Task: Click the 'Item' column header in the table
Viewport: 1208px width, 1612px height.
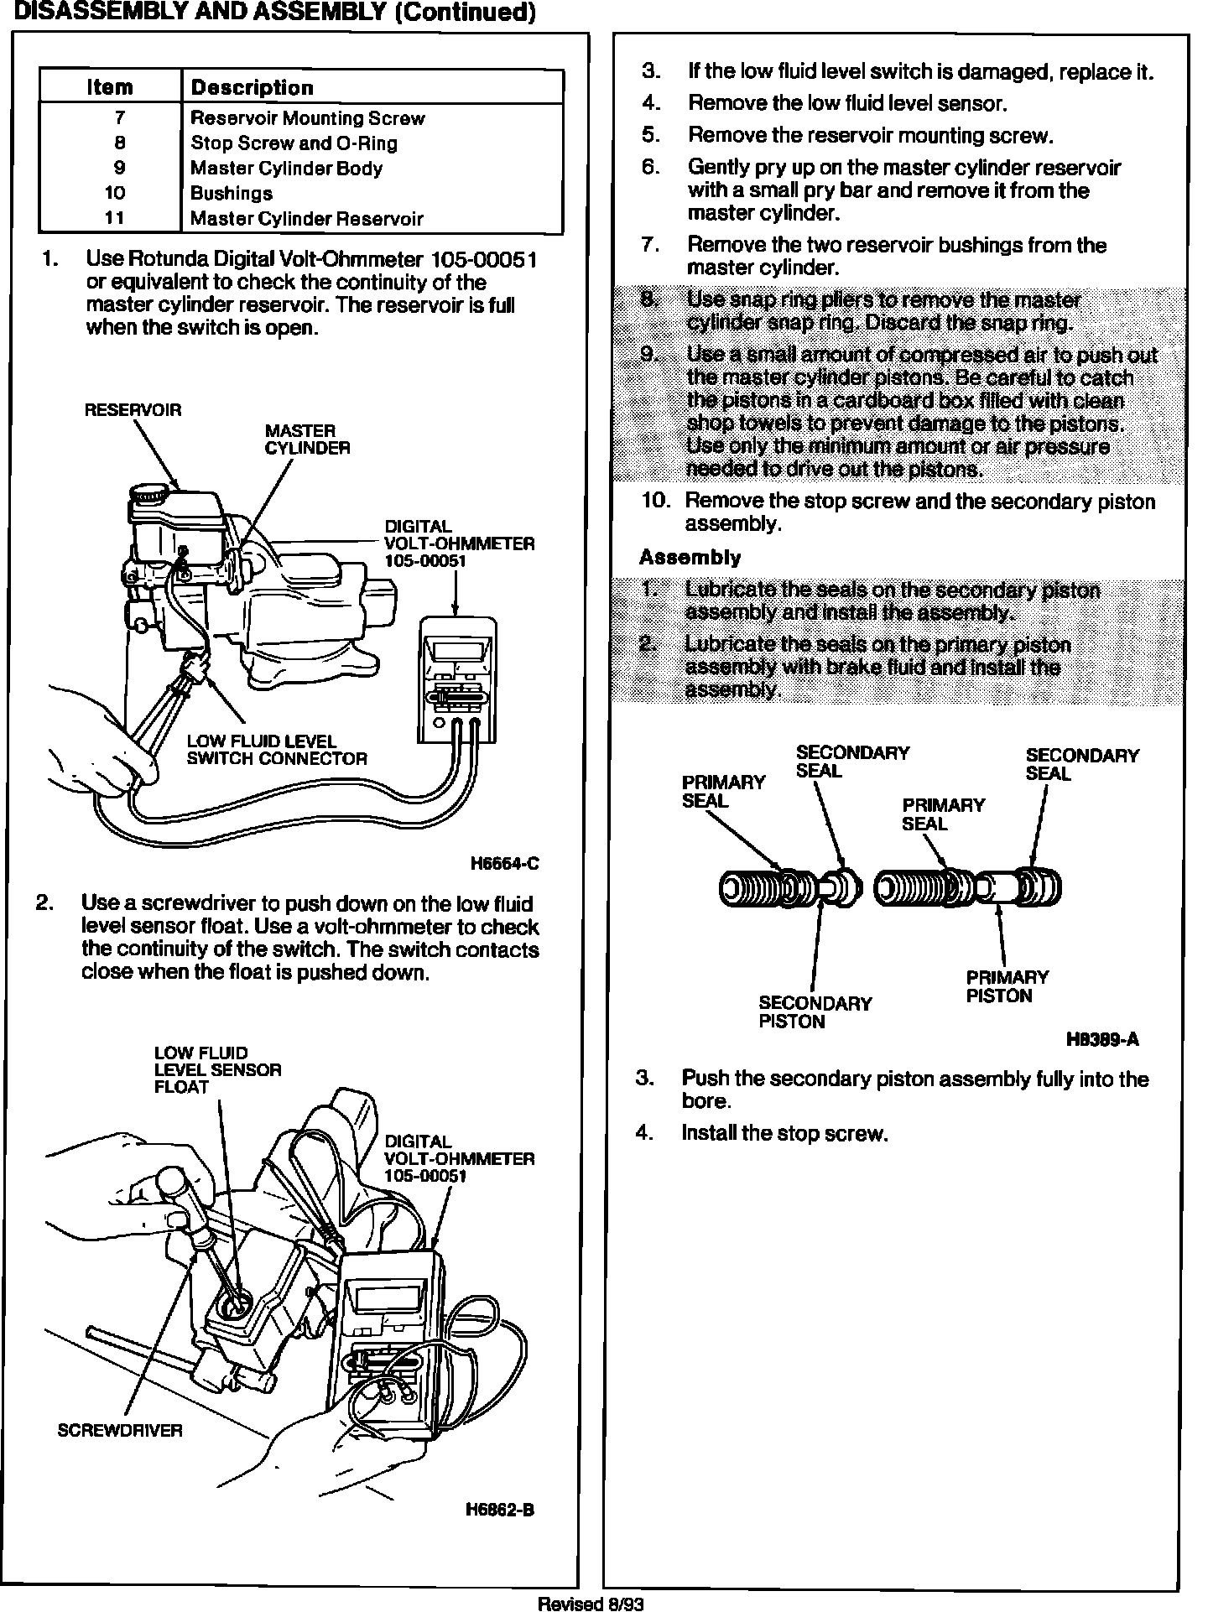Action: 110,87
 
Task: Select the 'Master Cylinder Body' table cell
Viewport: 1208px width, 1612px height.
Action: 286,168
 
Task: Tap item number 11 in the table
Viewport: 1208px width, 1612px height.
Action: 115,218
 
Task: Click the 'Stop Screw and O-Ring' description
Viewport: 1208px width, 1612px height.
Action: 294,143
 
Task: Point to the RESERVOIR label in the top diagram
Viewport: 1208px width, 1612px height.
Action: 133,410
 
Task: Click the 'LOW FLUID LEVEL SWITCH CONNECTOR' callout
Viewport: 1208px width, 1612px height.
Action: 277,750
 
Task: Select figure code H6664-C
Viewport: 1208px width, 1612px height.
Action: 504,864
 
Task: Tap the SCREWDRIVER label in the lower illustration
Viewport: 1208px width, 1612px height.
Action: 119,1430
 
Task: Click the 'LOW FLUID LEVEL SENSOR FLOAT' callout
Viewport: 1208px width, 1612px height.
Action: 217,1069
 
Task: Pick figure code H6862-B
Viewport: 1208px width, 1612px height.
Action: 500,1510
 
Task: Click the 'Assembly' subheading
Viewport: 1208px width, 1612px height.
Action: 690,557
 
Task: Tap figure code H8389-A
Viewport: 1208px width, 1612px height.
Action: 1102,1040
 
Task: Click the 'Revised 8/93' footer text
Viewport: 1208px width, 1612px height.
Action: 591,1604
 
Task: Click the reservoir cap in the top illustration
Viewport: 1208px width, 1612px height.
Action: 149,495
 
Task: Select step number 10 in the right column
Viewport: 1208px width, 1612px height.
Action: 656,501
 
